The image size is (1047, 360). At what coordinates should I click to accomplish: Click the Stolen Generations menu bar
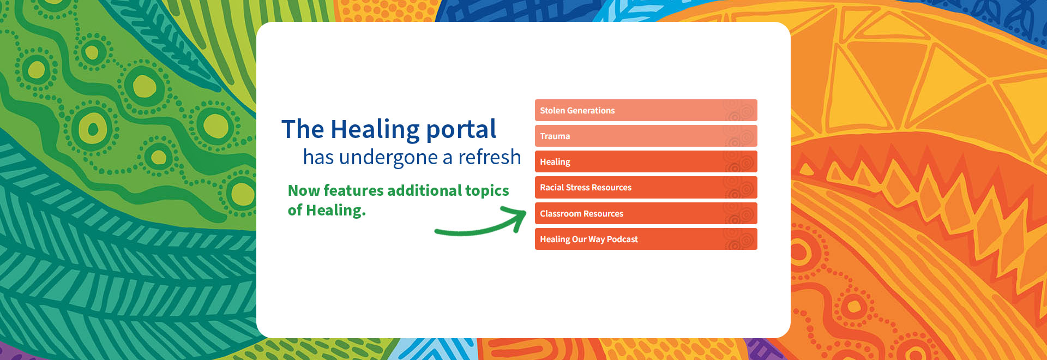click(646, 110)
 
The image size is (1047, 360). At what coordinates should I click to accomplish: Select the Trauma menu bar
click(646, 136)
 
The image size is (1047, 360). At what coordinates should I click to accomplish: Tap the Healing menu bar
click(646, 161)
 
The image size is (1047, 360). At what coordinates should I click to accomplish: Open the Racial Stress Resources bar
click(646, 187)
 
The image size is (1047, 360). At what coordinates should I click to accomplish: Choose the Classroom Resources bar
click(646, 213)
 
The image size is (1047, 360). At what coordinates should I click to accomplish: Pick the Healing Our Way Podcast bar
click(646, 239)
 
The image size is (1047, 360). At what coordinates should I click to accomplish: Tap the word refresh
click(489, 157)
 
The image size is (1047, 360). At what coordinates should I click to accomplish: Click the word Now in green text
click(304, 190)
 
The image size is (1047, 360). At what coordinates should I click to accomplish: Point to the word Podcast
click(622, 239)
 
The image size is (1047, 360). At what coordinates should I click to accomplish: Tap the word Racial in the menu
click(551, 187)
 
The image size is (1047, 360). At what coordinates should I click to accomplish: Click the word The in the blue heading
click(303, 130)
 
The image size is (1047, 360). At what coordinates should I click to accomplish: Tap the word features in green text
click(354, 190)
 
